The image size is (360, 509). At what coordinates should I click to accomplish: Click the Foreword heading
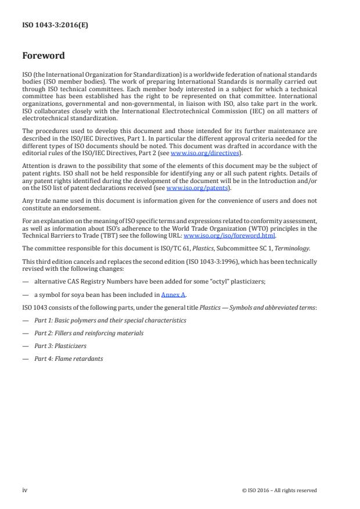tap(43, 56)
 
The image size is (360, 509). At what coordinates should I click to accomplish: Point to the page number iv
tap(25, 490)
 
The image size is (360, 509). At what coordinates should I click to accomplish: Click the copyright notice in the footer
tap(279, 490)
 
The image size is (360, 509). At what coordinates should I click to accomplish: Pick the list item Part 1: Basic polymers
tap(110, 320)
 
